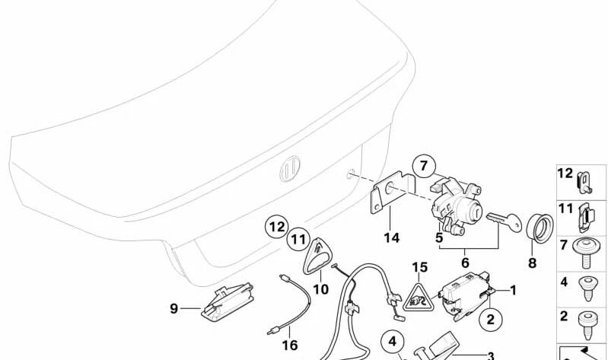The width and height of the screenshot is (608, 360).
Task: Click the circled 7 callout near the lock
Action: click(424, 165)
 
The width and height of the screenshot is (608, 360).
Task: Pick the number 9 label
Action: click(174, 308)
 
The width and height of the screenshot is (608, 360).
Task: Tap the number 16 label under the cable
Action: click(290, 345)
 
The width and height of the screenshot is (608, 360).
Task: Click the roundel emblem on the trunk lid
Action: click(289, 170)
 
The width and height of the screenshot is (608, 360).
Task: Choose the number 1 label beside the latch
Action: click(512, 289)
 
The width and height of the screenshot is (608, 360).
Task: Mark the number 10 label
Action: click(320, 288)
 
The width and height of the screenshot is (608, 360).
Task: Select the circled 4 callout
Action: click(393, 341)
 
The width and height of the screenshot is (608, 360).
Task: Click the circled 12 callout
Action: click(277, 227)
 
